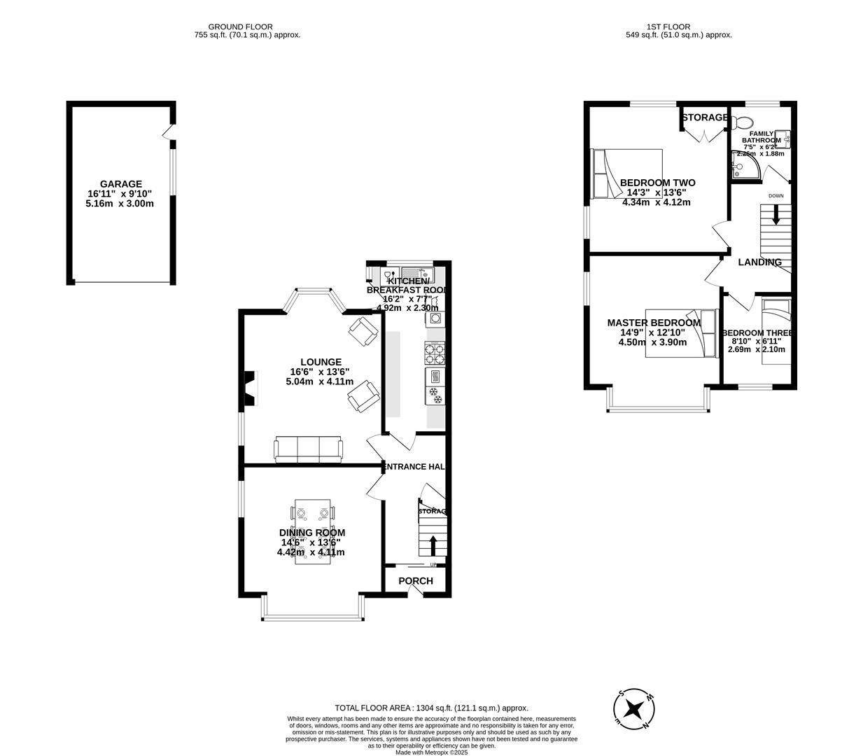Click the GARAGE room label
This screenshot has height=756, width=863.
[120, 184]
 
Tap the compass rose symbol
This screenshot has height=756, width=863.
[635, 710]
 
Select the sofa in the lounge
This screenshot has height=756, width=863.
[308, 449]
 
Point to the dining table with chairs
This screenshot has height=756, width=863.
[314, 532]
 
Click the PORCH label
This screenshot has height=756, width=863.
[416, 581]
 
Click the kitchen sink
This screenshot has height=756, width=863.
[418, 274]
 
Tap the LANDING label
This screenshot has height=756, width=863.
[760, 262]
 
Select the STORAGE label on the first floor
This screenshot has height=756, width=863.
[705, 118]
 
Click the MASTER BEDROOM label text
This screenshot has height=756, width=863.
[654, 323]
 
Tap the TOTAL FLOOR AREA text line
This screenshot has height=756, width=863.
[431, 708]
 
